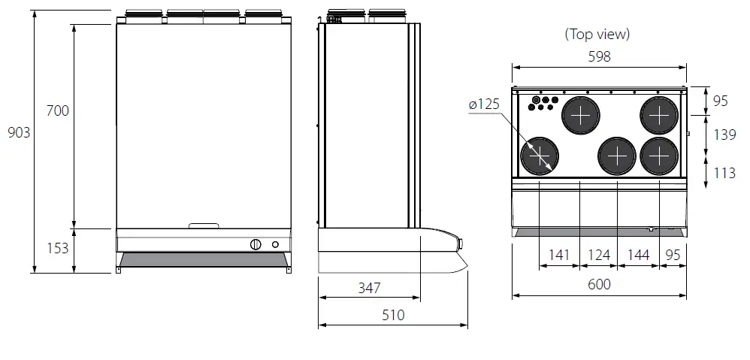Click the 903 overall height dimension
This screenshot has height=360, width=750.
coord(19,133)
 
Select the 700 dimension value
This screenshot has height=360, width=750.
coord(58,111)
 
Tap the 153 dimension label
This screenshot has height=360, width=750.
coord(58,247)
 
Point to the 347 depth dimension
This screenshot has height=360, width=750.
coord(369,287)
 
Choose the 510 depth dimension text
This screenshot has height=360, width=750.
coord(392,316)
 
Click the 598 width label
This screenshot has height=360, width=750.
coord(599,57)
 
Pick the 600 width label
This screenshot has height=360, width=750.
coord(599,284)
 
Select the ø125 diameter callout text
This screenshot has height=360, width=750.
coord(484,105)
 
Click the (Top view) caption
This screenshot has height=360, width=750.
coord(597,34)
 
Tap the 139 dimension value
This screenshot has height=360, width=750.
coord(724,135)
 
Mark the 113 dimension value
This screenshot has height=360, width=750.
coord(724,173)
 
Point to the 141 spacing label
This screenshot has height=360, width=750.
coord(559,256)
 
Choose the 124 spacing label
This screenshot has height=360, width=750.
coord(598,256)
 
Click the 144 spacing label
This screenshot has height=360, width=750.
coord(637,256)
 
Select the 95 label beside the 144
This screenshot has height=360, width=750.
coord(673,256)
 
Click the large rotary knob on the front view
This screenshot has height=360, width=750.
coord(255,244)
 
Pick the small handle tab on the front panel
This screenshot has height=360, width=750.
coord(204,225)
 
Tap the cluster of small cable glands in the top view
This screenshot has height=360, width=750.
coord(544,102)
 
